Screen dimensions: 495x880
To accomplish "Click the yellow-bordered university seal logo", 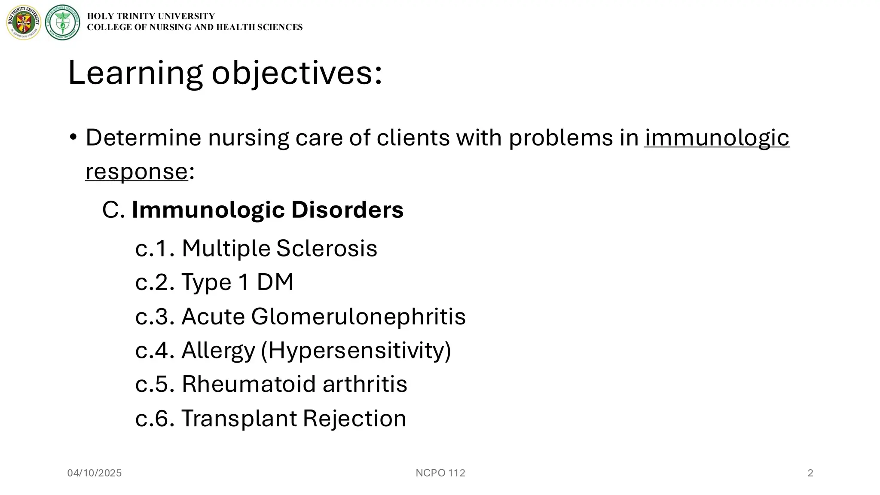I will click(24, 23).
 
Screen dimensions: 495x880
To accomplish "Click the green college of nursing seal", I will click(63, 23).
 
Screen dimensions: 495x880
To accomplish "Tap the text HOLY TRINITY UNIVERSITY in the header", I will click(151, 16).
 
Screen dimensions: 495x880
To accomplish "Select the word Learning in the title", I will click(135, 73).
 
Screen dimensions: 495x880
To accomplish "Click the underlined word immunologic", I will click(716, 138).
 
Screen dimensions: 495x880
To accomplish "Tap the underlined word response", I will click(137, 171).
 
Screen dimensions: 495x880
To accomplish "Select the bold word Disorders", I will click(347, 210).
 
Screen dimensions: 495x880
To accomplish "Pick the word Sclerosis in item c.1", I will click(327, 248).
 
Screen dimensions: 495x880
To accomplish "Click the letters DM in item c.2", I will click(275, 282).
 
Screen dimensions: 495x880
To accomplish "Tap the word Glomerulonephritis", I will click(358, 317).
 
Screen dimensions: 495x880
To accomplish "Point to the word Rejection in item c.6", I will click(354, 419).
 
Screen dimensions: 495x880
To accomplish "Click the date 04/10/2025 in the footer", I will click(95, 473).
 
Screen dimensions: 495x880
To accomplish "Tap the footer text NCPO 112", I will click(440, 473).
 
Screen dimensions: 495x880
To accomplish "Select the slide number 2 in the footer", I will click(810, 473).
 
